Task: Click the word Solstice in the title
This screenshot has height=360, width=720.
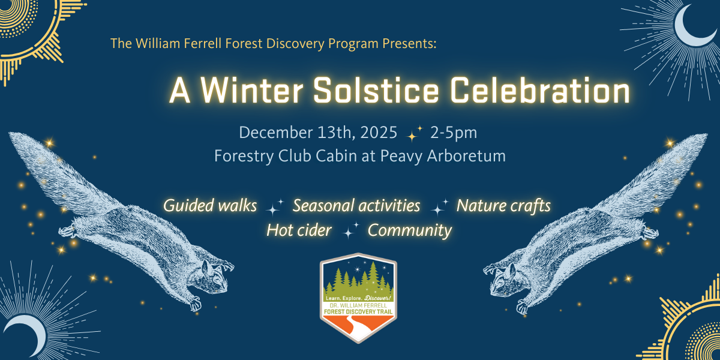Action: coord(376,91)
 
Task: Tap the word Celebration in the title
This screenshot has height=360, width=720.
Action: coord(541,91)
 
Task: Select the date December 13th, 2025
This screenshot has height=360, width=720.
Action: coord(318,133)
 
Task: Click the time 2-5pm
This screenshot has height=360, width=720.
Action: coord(454,133)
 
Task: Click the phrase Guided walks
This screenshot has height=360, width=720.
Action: coord(210,206)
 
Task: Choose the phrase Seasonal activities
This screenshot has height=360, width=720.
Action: coord(356,205)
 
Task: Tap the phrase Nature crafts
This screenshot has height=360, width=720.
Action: coord(503,206)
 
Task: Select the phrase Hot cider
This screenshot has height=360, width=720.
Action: coord(299,230)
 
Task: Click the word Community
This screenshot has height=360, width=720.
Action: coord(409,231)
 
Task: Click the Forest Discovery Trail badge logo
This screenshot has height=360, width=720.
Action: coord(358,298)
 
